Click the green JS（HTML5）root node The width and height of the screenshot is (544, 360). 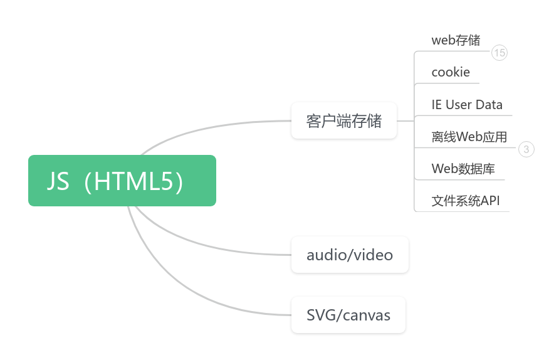coord(122,181)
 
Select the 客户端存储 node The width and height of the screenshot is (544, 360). coord(343,120)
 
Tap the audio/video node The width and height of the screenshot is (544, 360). coord(350,255)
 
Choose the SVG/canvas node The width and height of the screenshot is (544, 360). coord(348,315)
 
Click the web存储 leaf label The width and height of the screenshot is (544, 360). coord(456,40)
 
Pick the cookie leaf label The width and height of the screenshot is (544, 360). coord(450,72)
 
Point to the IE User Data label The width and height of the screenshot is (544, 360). coord(466,105)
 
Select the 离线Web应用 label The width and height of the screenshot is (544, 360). coord(469,137)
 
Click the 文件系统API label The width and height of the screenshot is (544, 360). coord(465,201)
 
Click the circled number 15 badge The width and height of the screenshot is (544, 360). coord(499,53)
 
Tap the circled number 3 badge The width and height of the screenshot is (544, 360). coord(526,149)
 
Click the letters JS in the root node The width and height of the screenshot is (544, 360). coord(58,181)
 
